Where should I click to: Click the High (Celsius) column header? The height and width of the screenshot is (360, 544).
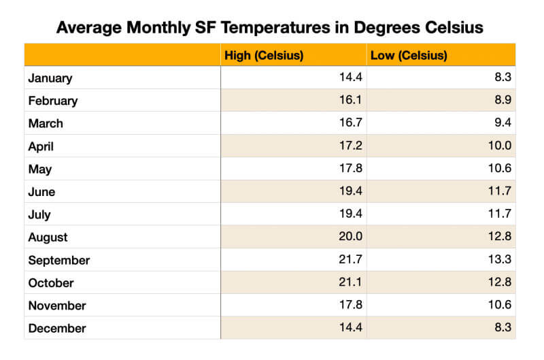[264, 55]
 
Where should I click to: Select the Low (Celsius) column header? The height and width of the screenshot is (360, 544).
[409, 55]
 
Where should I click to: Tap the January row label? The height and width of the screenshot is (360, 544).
[50, 78]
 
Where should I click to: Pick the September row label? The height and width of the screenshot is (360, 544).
[59, 260]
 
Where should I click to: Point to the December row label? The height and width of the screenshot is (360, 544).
[57, 328]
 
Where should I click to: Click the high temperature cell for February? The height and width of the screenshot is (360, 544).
[350, 101]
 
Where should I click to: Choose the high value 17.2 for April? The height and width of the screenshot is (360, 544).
[350, 146]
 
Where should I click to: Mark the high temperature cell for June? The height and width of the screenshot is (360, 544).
[350, 192]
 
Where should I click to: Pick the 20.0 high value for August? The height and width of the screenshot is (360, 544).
[350, 237]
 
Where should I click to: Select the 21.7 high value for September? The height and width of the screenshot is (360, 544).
[350, 260]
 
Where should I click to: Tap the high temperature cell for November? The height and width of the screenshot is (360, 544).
[350, 306]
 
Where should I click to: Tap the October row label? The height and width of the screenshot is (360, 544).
[51, 282]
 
